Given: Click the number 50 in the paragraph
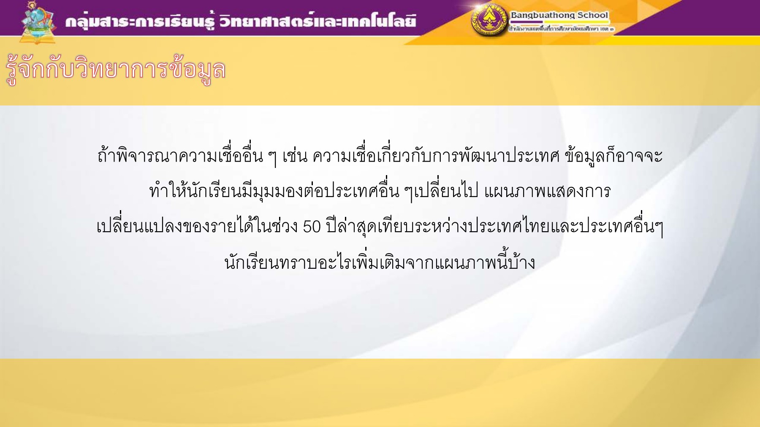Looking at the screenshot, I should (x=312, y=227).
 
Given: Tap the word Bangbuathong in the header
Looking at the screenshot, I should (x=543, y=15).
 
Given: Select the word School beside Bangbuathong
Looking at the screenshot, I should (x=593, y=15).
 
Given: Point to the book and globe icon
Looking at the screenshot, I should (x=38, y=23).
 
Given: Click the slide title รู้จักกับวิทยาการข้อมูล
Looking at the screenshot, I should (x=116, y=70).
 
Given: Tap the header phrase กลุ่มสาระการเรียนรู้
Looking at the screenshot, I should (x=140, y=21).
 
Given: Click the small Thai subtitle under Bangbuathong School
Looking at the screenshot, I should (x=561, y=29).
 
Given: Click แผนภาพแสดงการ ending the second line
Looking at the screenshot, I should (x=547, y=192).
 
